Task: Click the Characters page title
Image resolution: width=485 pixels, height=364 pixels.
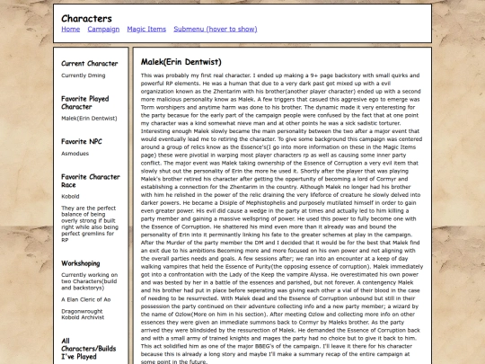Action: [x=86, y=17]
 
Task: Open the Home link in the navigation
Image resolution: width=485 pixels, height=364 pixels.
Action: [x=70, y=29]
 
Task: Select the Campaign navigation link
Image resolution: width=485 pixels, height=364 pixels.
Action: [x=103, y=29]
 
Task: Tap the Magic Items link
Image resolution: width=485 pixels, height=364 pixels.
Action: [x=146, y=29]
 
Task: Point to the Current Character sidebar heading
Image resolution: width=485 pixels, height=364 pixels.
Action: [x=89, y=64]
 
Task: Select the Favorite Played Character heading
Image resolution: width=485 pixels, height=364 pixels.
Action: [x=86, y=101]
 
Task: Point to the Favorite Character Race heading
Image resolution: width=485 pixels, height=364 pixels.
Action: [x=90, y=183]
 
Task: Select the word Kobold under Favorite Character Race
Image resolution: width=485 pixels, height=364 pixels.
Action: [x=71, y=195]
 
